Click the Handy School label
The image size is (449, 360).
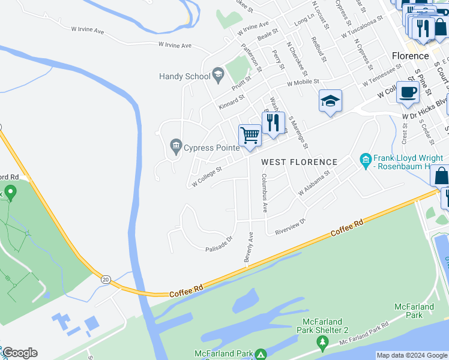[x=184, y=76]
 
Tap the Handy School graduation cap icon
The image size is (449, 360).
[x=218, y=76]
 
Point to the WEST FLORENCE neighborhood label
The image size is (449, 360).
[x=299, y=162]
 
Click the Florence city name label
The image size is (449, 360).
[x=410, y=56]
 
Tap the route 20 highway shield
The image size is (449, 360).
[x=106, y=279]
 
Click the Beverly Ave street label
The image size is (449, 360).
[x=247, y=247]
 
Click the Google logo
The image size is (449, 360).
[x=19, y=353]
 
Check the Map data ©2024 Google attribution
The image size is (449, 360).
[x=412, y=355]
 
